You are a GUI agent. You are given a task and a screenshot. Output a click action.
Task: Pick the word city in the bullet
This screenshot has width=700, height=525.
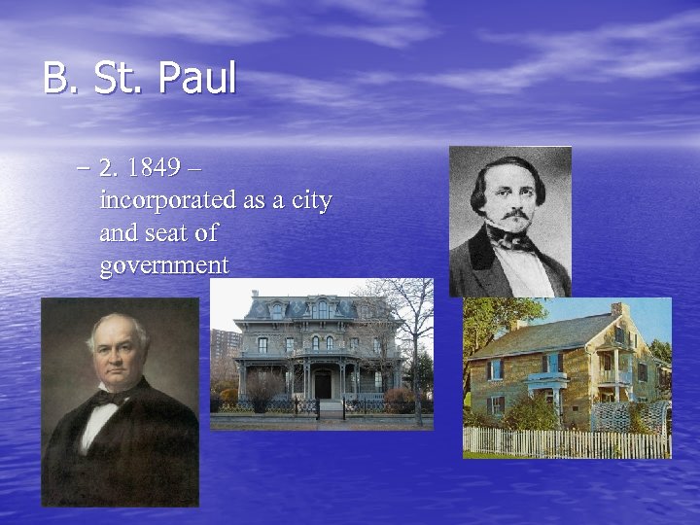click(x=309, y=200)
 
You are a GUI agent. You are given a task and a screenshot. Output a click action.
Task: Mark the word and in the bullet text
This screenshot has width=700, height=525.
click(x=117, y=233)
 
